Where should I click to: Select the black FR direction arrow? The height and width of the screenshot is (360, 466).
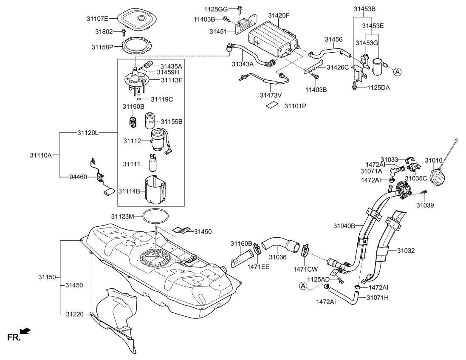point(25,331)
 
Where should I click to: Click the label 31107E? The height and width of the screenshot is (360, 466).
point(98,18)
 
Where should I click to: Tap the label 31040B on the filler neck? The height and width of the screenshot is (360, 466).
point(344,226)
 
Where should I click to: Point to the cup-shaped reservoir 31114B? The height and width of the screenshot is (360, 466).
point(155,189)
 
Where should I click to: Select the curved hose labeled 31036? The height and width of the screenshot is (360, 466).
point(279,246)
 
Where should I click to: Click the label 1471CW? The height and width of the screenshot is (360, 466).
point(305,269)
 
